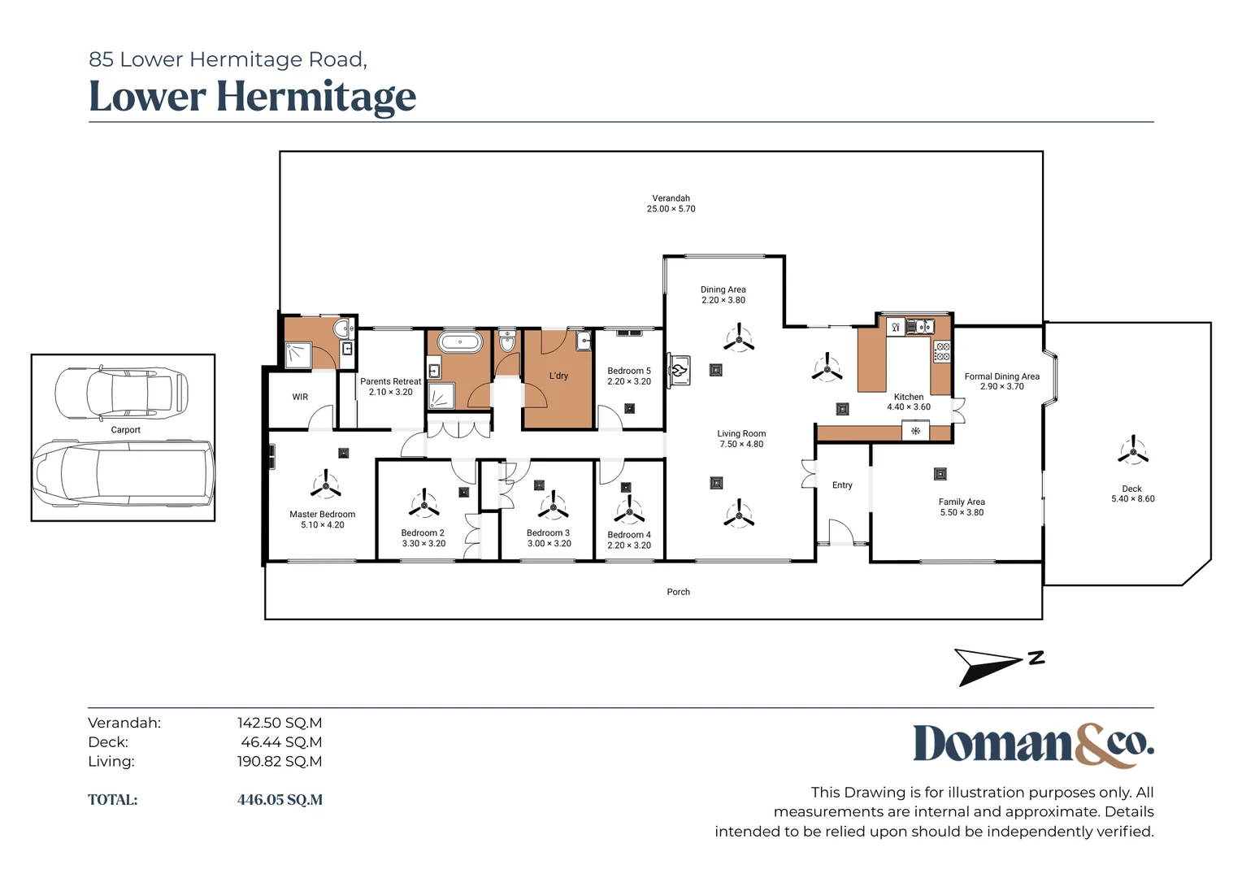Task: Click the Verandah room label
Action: click(671, 198)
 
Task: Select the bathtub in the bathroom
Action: click(459, 342)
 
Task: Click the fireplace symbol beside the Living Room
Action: click(678, 369)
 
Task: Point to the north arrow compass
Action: click(999, 666)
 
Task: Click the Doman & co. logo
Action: click(1034, 745)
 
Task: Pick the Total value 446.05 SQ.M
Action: click(280, 799)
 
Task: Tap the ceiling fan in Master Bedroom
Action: click(326, 486)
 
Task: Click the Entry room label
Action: click(842, 485)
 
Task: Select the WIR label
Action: click(300, 397)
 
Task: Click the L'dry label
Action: click(558, 376)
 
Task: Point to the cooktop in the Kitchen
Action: click(943, 352)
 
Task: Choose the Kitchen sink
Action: click(920, 327)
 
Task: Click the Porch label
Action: click(678, 592)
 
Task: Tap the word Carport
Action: click(125, 430)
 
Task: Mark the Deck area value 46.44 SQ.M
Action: click(281, 741)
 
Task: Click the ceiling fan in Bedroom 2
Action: click(424, 505)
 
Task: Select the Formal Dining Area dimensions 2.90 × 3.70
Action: click(1002, 386)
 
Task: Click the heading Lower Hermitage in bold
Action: click(252, 97)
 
